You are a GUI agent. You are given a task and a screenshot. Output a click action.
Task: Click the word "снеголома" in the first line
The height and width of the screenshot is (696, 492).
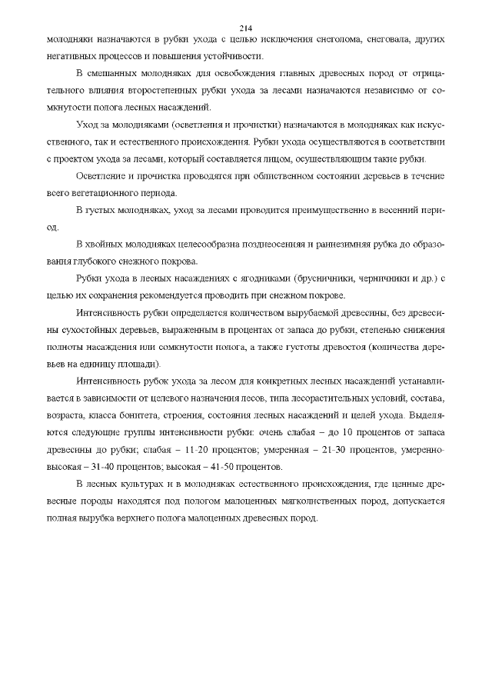(323, 38)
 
